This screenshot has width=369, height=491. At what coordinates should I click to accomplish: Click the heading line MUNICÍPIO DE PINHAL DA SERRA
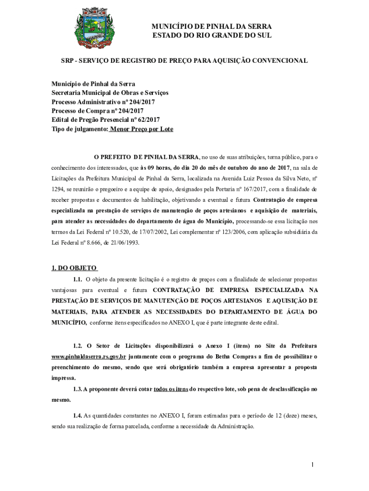pos(212,26)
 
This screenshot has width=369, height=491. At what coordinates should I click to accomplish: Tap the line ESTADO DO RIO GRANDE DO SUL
pos(212,35)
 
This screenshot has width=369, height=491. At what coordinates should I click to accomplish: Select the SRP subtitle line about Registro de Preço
pos(184,61)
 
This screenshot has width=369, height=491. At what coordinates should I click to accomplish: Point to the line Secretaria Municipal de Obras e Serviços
pos(110,93)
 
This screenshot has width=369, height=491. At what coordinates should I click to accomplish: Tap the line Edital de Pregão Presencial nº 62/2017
pos(105,120)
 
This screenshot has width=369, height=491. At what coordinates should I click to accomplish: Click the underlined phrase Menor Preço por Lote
pos(142,129)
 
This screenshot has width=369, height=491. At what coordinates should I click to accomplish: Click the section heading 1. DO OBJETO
pos(74,268)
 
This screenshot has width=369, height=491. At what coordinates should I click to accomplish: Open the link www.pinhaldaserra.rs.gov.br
pos(89,357)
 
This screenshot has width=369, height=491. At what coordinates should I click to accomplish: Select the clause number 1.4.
pos(78,415)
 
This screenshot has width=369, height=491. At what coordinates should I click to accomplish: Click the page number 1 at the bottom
pos(312,465)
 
